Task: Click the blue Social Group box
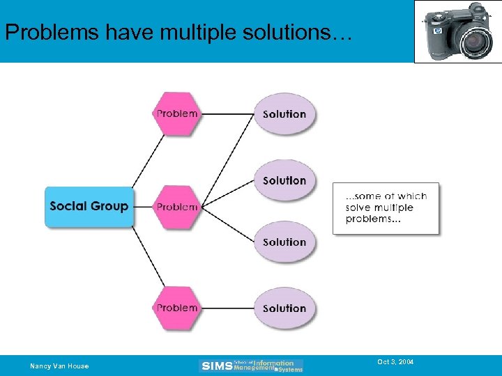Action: (x=89, y=206)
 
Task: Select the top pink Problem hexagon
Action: (x=177, y=113)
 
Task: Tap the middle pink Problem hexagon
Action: (x=177, y=207)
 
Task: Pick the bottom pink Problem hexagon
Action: (x=177, y=308)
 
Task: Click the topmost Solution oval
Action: (x=284, y=114)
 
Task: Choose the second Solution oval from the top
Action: (x=284, y=180)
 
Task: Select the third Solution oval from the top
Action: (x=284, y=242)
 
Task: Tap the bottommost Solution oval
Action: (x=284, y=308)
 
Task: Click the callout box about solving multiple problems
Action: (x=386, y=207)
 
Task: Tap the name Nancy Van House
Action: (x=59, y=366)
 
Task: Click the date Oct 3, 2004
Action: (x=395, y=362)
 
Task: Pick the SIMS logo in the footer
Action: (x=252, y=366)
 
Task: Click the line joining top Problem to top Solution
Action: (x=228, y=113)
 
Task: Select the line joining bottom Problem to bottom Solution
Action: (x=228, y=308)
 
